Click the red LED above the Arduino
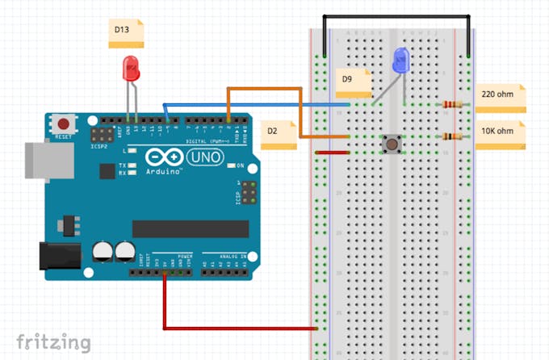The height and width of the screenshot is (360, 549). [x=130, y=69]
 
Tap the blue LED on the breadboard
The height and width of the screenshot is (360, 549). [x=400, y=61]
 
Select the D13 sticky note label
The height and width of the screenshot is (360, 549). [x=126, y=32]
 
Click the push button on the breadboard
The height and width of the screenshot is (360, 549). [x=392, y=144]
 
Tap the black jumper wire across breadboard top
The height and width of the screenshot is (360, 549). [x=396, y=16]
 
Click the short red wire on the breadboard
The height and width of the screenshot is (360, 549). [x=332, y=152]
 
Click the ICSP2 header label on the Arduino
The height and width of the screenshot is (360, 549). [x=99, y=147]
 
